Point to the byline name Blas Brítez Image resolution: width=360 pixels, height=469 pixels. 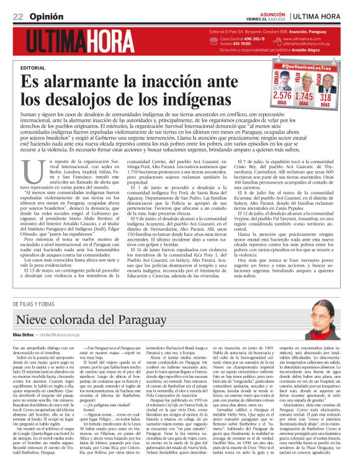coord(25,334)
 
